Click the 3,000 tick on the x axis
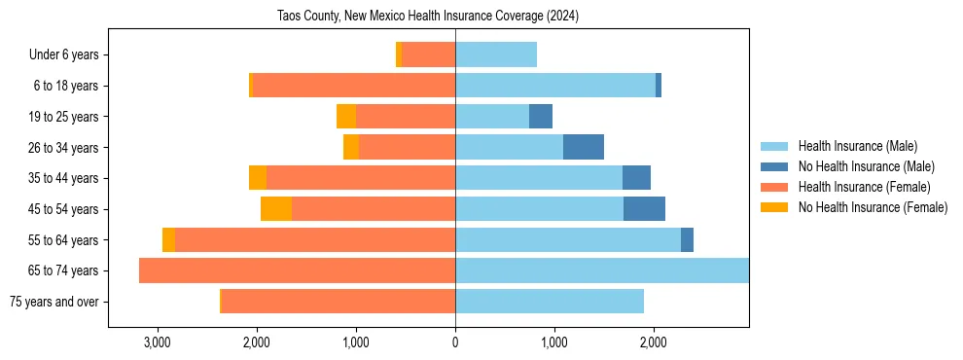coord(157,342)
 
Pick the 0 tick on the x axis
coord(455,342)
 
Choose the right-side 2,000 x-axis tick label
coord(654,342)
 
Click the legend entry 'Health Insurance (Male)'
coord(857,146)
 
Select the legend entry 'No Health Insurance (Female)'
coord(873,207)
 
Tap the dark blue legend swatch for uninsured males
coord(774,166)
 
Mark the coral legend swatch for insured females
coord(774,187)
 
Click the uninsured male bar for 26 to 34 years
coord(584,147)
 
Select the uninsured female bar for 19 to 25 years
coord(346,117)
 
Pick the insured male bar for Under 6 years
coord(496,54)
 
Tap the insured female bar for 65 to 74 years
coord(297,270)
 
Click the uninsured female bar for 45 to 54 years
coord(276,209)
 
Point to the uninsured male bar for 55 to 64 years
coord(687,239)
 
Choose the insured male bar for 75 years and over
coord(550,302)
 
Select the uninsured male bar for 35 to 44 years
coord(636,178)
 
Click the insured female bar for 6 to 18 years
coord(354,86)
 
